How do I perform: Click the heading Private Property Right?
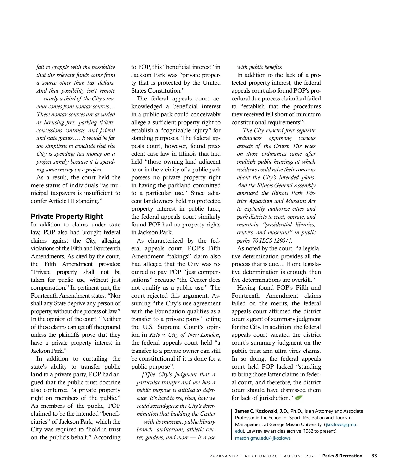point(67,216)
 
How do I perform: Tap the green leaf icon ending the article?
point(298,398)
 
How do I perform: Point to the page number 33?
point(374,456)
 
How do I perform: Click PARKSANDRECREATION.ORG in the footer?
point(244,456)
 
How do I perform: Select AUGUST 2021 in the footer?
point(300,456)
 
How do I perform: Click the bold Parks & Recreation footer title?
point(342,456)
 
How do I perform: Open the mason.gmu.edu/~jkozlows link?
point(263,438)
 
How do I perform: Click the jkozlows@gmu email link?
point(341,424)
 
